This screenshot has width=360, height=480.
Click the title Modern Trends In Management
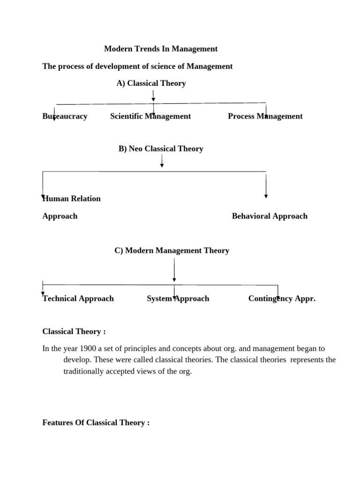coord(160,49)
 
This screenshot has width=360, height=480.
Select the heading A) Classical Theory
coord(151,83)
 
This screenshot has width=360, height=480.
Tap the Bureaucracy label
coord(65,116)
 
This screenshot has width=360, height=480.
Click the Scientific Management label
coord(150,116)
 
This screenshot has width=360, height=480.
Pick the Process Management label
coord(265,116)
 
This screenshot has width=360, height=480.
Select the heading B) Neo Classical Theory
coord(161,149)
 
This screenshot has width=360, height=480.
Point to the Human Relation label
coord(71,198)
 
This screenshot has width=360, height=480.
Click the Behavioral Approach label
coord(270,216)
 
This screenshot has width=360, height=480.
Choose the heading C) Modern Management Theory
coord(172,250)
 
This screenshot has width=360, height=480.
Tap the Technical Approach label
coord(78,299)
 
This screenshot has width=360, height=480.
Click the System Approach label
coord(178,299)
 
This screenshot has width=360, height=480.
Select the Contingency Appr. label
coord(282,299)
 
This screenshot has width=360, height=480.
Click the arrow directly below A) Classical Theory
coord(153,96)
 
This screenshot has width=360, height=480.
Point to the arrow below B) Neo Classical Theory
coord(162,161)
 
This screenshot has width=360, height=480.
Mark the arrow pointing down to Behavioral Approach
coord(266,186)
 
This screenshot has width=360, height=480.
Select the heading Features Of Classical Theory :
coord(96,423)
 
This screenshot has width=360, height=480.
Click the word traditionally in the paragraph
coord(84,371)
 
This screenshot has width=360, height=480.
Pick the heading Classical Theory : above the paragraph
coord(74,331)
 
